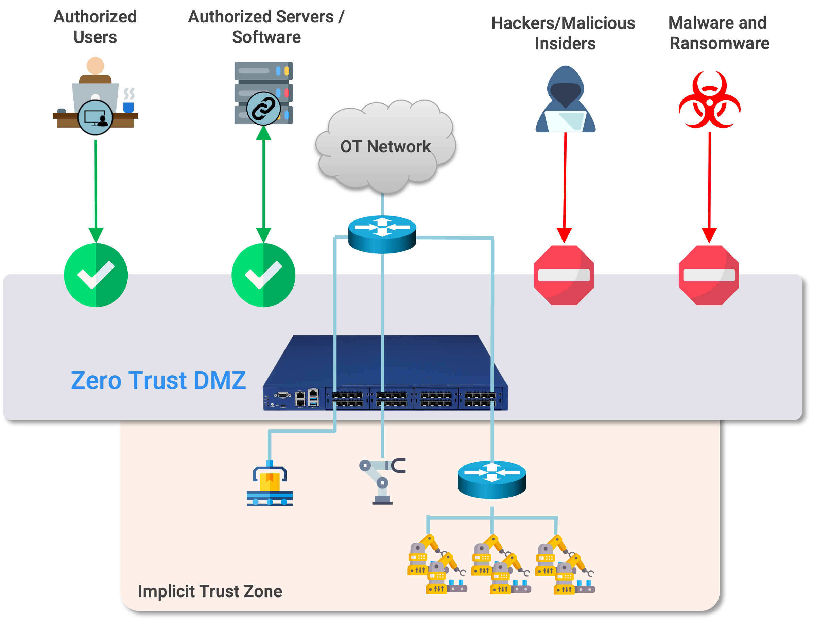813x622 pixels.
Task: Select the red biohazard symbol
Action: coord(709,100)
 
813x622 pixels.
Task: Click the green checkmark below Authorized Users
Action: coord(96,275)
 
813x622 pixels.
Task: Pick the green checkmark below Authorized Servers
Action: coord(263,275)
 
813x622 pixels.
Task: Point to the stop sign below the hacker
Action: coord(564,275)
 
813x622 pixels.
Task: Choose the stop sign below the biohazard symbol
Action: coord(709,275)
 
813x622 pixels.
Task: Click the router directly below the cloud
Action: coord(382,234)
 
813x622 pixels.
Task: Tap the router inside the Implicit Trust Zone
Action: coord(491,479)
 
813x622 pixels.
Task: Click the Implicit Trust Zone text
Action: coord(210,591)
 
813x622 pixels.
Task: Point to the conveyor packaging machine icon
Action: coord(270,485)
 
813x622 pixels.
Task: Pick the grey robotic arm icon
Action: coord(381,481)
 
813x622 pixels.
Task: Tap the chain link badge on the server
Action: coord(263,108)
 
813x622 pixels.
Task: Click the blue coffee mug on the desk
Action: coord(128,107)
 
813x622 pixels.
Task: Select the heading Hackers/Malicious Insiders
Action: coord(563,33)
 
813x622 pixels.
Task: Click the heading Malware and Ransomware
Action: coord(718,33)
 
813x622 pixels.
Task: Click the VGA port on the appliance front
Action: coord(283,395)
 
